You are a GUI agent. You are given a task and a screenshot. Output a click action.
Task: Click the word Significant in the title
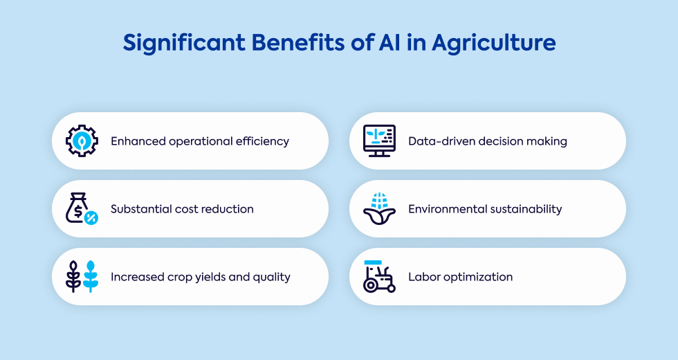pos(184,43)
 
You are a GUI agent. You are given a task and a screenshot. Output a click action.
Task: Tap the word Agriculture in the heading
pos(494,43)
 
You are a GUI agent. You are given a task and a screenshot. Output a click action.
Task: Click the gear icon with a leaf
pos(82,141)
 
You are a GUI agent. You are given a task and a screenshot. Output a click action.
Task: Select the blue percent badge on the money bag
pos(91,217)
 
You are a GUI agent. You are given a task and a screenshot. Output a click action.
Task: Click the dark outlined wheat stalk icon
pos(73,276)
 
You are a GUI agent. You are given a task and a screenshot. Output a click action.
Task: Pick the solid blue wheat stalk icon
pos(91,276)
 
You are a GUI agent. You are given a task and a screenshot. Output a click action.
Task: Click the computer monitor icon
pos(379,141)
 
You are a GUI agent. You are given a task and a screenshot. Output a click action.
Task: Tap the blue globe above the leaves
pos(379,200)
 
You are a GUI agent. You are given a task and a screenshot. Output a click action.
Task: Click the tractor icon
pos(379,276)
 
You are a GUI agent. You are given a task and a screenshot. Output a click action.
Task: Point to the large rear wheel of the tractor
pos(371,285)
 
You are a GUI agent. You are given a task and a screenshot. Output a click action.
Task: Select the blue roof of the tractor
pos(373,262)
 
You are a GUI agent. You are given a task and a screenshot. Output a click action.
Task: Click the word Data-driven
pos(437,141)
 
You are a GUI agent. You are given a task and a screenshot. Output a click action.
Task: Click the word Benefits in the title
pos(298,42)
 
